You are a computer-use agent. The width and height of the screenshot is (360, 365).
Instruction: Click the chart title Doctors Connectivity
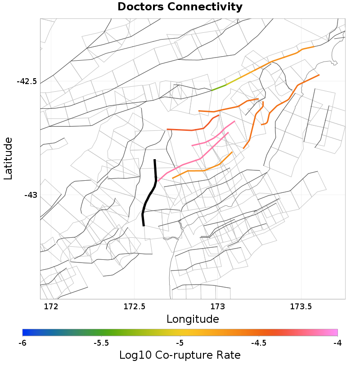pyautogui.click(x=180, y=7)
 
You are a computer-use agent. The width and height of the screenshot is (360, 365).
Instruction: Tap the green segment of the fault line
pyautogui.click(x=219, y=87)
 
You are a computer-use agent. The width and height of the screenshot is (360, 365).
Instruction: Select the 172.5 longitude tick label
pyautogui.click(x=134, y=307)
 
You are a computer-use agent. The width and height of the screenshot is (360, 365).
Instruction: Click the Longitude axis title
pyautogui.click(x=193, y=319)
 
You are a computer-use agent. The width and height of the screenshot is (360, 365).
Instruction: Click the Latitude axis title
pyautogui.click(x=8, y=159)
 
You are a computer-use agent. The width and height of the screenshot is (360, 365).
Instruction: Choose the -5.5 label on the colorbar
pyautogui.click(x=101, y=343)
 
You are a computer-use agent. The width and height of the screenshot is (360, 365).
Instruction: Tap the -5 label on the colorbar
pyautogui.click(x=180, y=343)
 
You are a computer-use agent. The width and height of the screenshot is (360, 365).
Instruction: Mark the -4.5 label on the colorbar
pyautogui.click(x=258, y=343)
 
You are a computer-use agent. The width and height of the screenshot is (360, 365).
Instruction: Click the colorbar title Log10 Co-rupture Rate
pyautogui.click(x=180, y=355)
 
